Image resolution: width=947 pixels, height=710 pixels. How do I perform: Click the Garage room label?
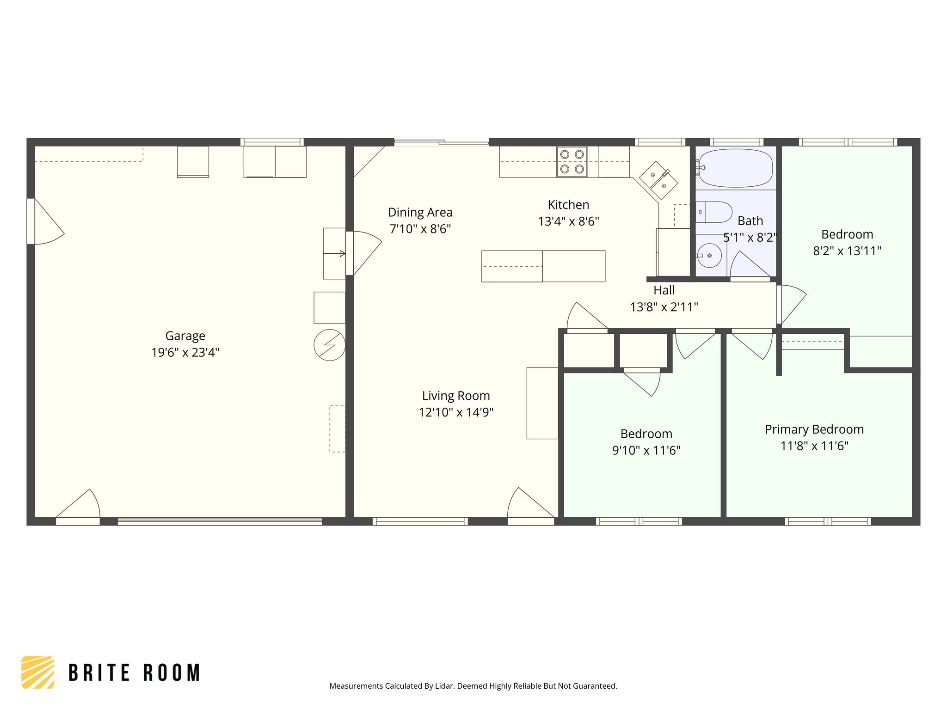pyautogui.click(x=185, y=336)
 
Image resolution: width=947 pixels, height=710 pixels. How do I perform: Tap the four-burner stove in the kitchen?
pyautogui.click(x=572, y=162)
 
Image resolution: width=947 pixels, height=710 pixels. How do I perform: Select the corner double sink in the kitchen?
pyautogui.click(x=658, y=180)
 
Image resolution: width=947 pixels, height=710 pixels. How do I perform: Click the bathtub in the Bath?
pyautogui.click(x=735, y=168)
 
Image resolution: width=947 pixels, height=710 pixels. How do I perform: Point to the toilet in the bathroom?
pyautogui.click(x=715, y=212)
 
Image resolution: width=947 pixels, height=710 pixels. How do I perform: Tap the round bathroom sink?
pyautogui.click(x=709, y=256)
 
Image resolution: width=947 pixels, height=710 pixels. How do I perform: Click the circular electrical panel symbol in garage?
pyautogui.click(x=330, y=345)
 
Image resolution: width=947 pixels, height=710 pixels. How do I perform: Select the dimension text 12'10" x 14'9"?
pyautogui.click(x=456, y=412)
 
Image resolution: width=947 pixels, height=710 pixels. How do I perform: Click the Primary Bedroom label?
pyautogui.click(x=814, y=429)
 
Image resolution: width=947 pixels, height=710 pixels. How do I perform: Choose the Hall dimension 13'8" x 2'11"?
pyautogui.click(x=664, y=307)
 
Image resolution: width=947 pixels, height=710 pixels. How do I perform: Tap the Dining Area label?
pyautogui.click(x=420, y=213)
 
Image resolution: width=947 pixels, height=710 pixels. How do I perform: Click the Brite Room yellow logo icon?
pyautogui.click(x=38, y=672)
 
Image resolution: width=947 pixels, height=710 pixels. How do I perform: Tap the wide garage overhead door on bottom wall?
pyautogui.click(x=220, y=521)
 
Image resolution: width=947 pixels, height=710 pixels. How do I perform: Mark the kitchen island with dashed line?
pyautogui.click(x=543, y=266)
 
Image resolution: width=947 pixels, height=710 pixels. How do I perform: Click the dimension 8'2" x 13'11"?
pyautogui.click(x=847, y=251)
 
